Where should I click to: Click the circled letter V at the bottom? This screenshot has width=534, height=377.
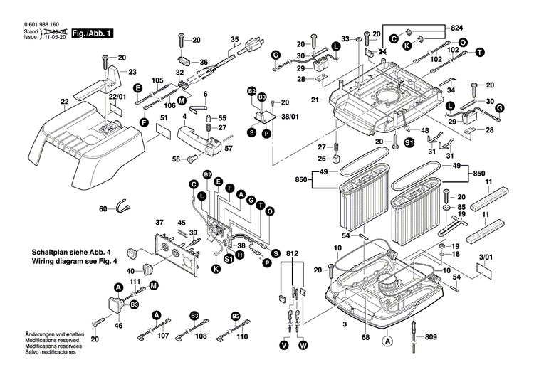(x=284, y=346)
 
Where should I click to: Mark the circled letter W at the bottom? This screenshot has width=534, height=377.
(x=302, y=346)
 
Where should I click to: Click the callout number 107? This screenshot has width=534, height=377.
(x=164, y=336)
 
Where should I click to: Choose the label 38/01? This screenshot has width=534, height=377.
(x=288, y=120)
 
